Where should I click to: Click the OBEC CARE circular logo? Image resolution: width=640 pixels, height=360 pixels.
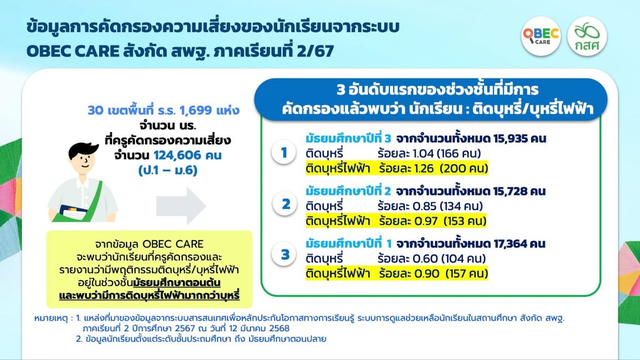(541, 36)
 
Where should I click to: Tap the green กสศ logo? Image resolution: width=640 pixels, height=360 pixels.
(587, 36)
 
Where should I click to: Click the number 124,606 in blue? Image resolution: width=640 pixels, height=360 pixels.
(177, 155)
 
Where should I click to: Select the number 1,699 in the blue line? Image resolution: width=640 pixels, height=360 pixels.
(196, 110)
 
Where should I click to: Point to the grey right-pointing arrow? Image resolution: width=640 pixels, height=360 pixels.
(181, 206)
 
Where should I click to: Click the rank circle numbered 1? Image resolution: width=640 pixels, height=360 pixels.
(284, 152)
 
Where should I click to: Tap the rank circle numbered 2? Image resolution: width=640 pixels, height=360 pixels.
(285, 204)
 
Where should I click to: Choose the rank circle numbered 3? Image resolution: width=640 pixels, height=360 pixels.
(284, 254)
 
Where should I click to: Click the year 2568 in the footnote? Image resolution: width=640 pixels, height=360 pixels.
(280, 328)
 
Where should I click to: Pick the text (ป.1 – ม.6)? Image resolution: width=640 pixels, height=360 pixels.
(168, 170)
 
